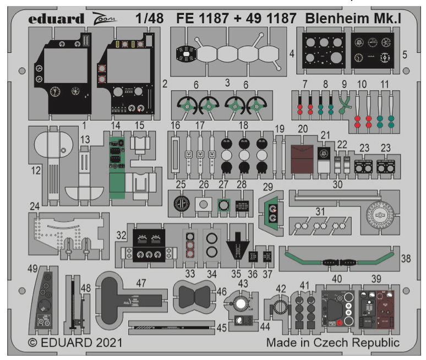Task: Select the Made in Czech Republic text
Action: [333, 342]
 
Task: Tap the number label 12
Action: [36, 172]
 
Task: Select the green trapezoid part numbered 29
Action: [271, 212]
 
